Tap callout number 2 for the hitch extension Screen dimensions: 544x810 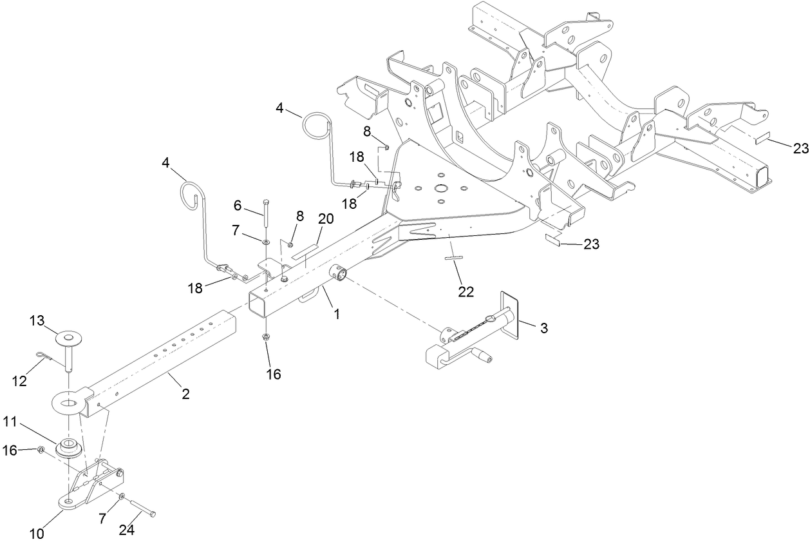(x=185, y=394)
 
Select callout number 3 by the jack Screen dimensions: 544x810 (x=543, y=328)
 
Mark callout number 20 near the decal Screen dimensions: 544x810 (x=326, y=219)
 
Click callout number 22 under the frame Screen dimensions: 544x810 (x=466, y=291)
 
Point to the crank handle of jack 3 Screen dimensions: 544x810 (x=484, y=355)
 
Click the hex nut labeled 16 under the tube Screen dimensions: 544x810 (x=266, y=337)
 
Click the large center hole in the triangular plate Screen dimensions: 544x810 (x=440, y=188)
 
